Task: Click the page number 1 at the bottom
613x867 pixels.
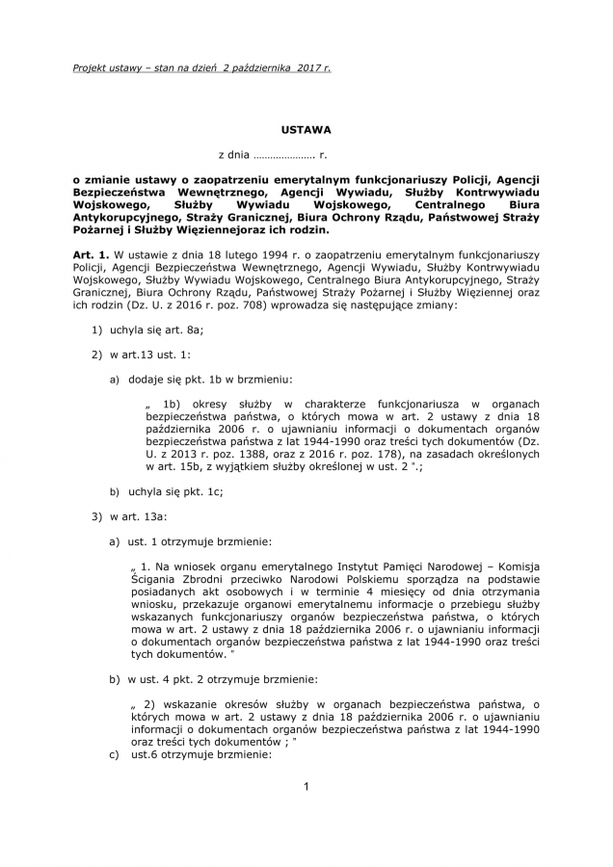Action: click(306, 788)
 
